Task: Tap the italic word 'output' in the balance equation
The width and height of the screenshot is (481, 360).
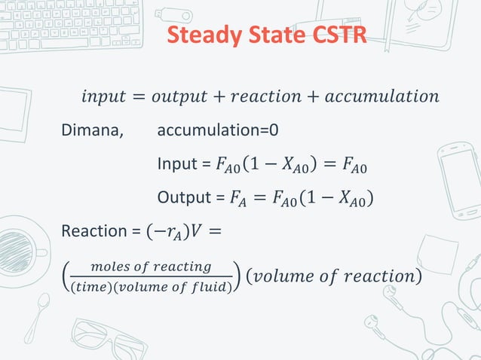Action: pyautogui.click(x=181, y=96)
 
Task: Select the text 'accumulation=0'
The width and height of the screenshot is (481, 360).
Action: pyautogui.click(x=218, y=130)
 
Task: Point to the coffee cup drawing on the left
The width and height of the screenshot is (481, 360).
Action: pyautogui.click(x=19, y=249)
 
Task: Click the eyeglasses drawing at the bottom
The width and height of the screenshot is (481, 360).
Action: pyautogui.click(x=106, y=339)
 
